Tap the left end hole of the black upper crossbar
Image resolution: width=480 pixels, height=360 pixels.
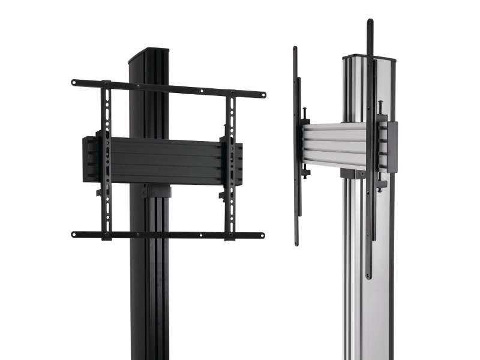[75, 82]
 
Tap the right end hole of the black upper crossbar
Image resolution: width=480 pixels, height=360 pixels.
[262, 95]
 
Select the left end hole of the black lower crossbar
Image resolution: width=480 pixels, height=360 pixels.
[74, 234]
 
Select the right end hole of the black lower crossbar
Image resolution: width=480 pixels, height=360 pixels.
[261, 235]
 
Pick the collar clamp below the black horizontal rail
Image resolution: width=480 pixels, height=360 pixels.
[157, 192]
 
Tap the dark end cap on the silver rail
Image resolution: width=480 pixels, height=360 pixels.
[392, 147]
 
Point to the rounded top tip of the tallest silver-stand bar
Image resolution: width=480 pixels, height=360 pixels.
[370, 22]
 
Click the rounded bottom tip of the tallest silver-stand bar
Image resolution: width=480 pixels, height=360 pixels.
[369, 276]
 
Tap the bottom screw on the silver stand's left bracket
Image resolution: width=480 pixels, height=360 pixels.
[307, 175]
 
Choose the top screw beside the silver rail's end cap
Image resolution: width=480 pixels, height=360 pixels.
[380, 106]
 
